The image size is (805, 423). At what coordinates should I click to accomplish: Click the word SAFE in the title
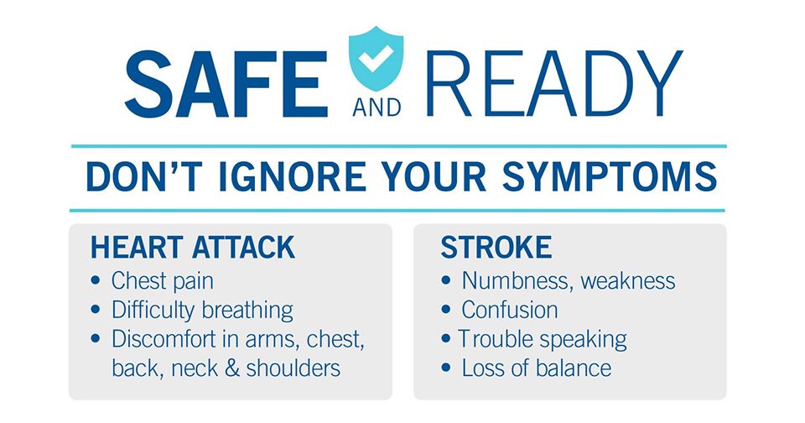[x=226, y=84]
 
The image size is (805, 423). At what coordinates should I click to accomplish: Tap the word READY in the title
[x=554, y=84]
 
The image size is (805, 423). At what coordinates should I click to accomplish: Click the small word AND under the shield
[x=377, y=108]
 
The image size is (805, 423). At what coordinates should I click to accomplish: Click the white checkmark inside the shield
[x=376, y=58]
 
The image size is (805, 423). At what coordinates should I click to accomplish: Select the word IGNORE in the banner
[x=293, y=177]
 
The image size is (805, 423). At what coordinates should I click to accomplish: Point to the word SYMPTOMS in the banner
[x=610, y=177]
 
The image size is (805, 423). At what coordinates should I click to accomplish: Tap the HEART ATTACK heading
[x=193, y=248]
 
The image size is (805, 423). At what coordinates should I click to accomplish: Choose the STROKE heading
[x=496, y=248]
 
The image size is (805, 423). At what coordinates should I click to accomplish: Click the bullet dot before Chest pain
[x=96, y=280]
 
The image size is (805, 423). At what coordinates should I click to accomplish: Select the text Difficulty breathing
[x=202, y=311]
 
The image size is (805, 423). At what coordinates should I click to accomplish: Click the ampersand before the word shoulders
[x=231, y=368]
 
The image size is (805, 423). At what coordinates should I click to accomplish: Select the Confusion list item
[x=510, y=311]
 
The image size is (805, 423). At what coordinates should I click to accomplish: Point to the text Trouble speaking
[x=543, y=340]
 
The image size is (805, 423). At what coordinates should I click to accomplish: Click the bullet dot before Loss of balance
[x=445, y=368]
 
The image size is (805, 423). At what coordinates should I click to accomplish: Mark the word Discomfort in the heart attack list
[x=164, y=340]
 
